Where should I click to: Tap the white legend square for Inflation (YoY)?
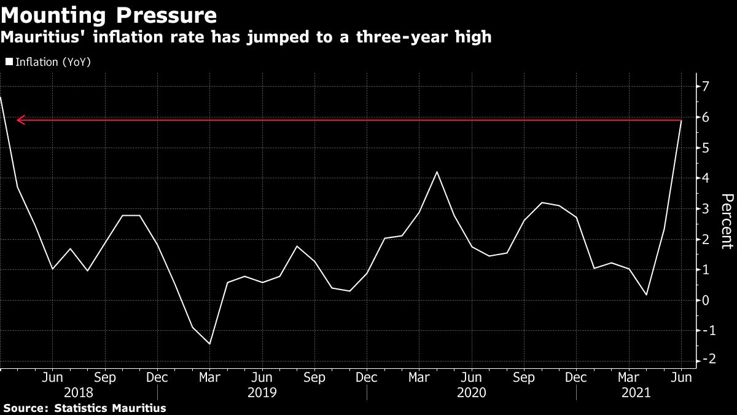pos(8,62)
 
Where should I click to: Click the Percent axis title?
pos(726,221)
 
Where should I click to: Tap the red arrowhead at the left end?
pos(20,120)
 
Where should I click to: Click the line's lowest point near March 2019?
pos(209,344)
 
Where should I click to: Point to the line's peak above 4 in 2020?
pos(437,172)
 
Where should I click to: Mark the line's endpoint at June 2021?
pos(681,121)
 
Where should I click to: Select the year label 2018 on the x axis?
pos(79,392)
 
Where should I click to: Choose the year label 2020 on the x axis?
pos(471,392)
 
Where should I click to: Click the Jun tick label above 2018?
pos(53,376)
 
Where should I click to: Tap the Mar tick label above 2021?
pos(628,376)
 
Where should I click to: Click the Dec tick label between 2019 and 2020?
pos(367,376)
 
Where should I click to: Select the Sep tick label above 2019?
pos(314,376)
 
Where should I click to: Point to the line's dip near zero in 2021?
pos(646,295)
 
